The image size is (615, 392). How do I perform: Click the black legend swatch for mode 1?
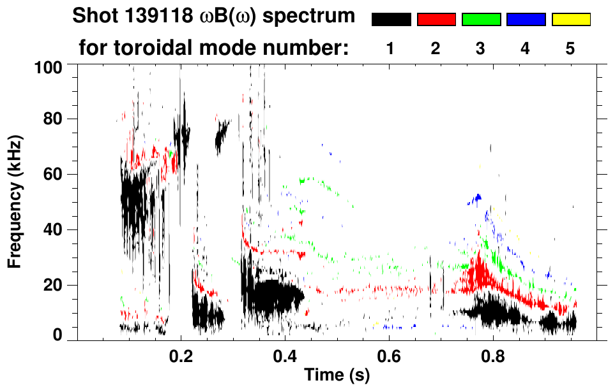tap(391, 20)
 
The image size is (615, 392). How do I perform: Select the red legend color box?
tap(436, 20)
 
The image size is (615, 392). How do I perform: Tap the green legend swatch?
tap(481, 20)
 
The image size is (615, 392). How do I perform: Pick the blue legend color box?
tap(526, 20)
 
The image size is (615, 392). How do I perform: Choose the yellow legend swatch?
tap(570, 20)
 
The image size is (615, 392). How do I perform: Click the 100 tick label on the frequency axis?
tap(49, 66)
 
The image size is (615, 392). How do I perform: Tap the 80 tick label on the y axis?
tap(53, 119)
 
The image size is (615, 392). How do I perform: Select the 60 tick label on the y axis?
tap(53, 175)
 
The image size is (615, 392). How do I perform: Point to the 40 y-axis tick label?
tap(53, 229)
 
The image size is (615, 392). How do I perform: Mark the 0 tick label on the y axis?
tap(57, 336)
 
